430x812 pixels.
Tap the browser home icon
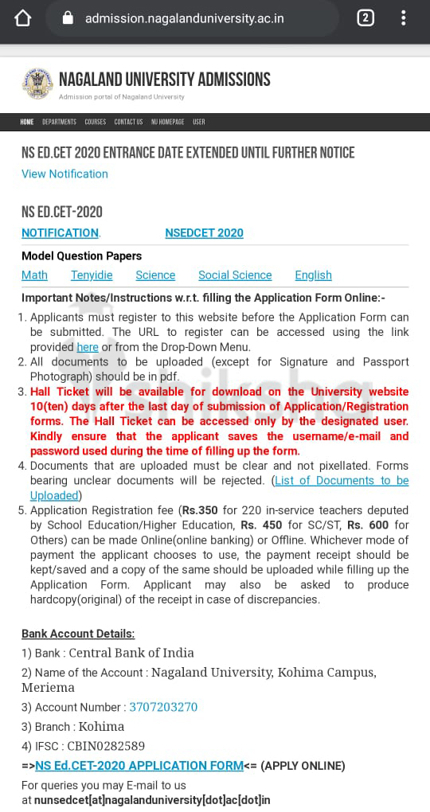click(23, 18)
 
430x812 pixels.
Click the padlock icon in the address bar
click(67, 18)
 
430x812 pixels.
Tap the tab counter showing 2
click(365, 18)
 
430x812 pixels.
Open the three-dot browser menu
click(405, 18)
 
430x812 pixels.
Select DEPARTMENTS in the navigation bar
click(59, 122)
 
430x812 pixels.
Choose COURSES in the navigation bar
click(96, 122)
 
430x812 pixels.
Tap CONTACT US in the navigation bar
click(128, 122)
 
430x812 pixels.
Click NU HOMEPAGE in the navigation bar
click(167, 122)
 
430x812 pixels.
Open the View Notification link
click(64, 174)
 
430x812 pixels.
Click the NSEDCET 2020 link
click(204, 232)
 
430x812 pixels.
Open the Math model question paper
click(34, 275)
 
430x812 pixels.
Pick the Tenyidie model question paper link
click(92, 275)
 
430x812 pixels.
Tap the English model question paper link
click(313, 275)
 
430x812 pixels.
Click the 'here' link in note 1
click(88, 347)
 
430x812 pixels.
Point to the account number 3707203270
click(163, 707)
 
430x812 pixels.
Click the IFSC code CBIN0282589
click(107, 746)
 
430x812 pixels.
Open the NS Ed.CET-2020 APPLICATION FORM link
click(139, 766)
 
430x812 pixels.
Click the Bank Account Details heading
click(78, 634)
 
